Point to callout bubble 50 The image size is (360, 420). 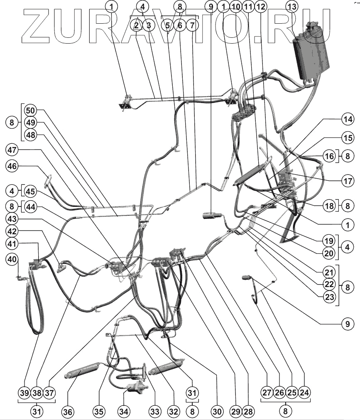[31, 111]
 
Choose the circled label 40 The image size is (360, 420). [12, 259]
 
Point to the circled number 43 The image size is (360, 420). [12, 219]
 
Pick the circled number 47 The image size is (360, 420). [12, 149]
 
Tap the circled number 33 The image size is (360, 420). [155, 411]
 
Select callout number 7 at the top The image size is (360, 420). [192, 25]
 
